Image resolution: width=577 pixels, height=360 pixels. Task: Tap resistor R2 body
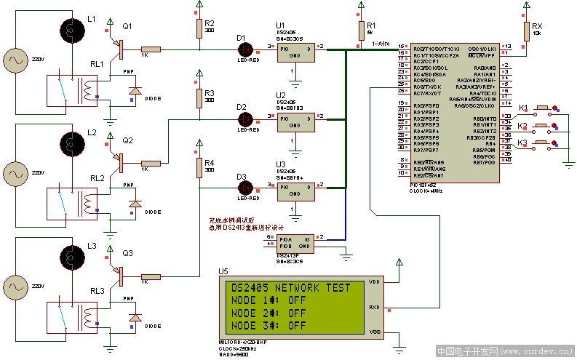click(199, 28)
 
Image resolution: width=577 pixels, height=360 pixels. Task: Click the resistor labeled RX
click(525, 31)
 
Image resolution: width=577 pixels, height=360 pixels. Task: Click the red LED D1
click(246, 49)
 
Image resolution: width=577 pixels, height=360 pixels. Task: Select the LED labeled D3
click(246, 188)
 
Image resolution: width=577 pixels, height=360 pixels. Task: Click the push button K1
click(541, 110)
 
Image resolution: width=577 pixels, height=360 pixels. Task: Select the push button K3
click(541, 143)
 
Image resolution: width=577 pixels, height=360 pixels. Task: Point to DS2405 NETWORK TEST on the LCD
click(290, 288)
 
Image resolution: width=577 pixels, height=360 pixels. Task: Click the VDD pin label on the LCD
click(374, 281)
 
